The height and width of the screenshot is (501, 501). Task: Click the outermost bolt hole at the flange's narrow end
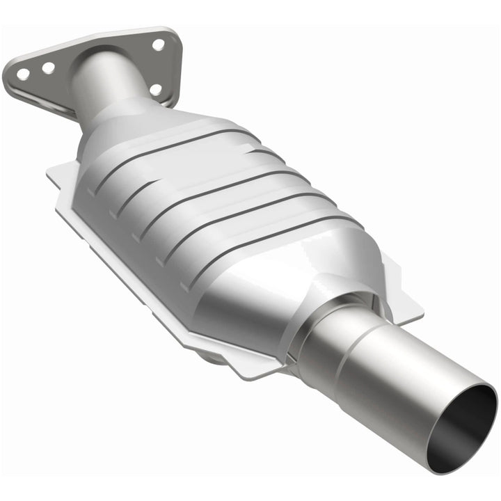pos(23,73)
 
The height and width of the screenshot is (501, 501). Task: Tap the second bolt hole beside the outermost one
pos(48,67)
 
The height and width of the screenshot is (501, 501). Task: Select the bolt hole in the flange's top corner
pos(158,45)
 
